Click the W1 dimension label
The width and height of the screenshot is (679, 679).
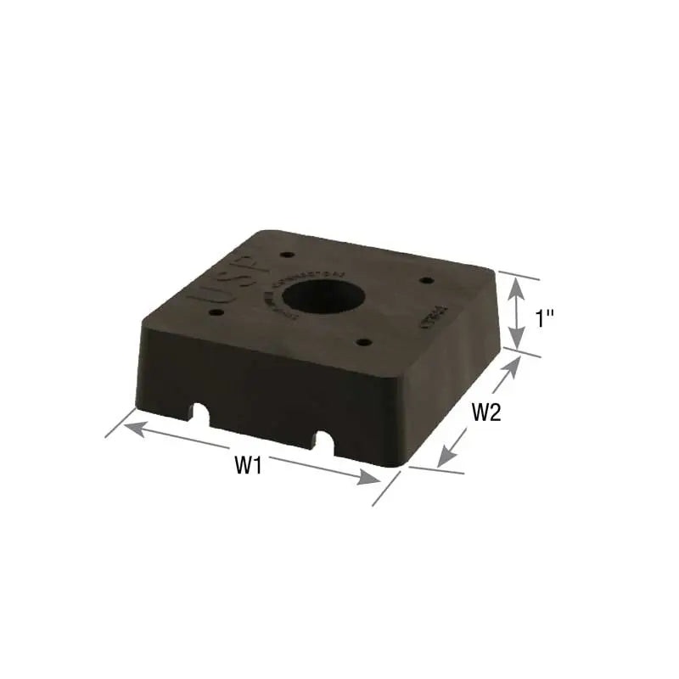point(247,465)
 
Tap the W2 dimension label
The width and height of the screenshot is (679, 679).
point(486,413)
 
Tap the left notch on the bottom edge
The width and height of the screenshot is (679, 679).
point(201,413)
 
